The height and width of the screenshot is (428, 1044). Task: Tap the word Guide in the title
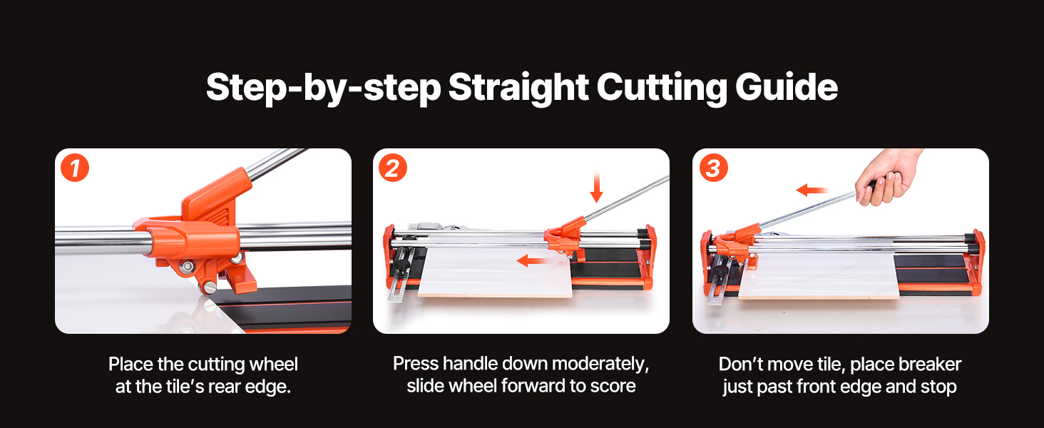click(787, 87)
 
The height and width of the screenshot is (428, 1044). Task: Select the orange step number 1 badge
click(75, 168)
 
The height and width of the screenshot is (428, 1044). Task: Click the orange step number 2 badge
click(392, 168)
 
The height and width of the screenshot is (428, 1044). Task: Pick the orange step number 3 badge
click(714, 168)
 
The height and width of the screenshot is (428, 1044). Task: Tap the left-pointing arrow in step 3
click(813, 190)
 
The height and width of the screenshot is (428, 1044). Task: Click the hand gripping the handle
click(886, 177)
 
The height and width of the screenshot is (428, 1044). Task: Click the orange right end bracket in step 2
click(649, 259)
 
